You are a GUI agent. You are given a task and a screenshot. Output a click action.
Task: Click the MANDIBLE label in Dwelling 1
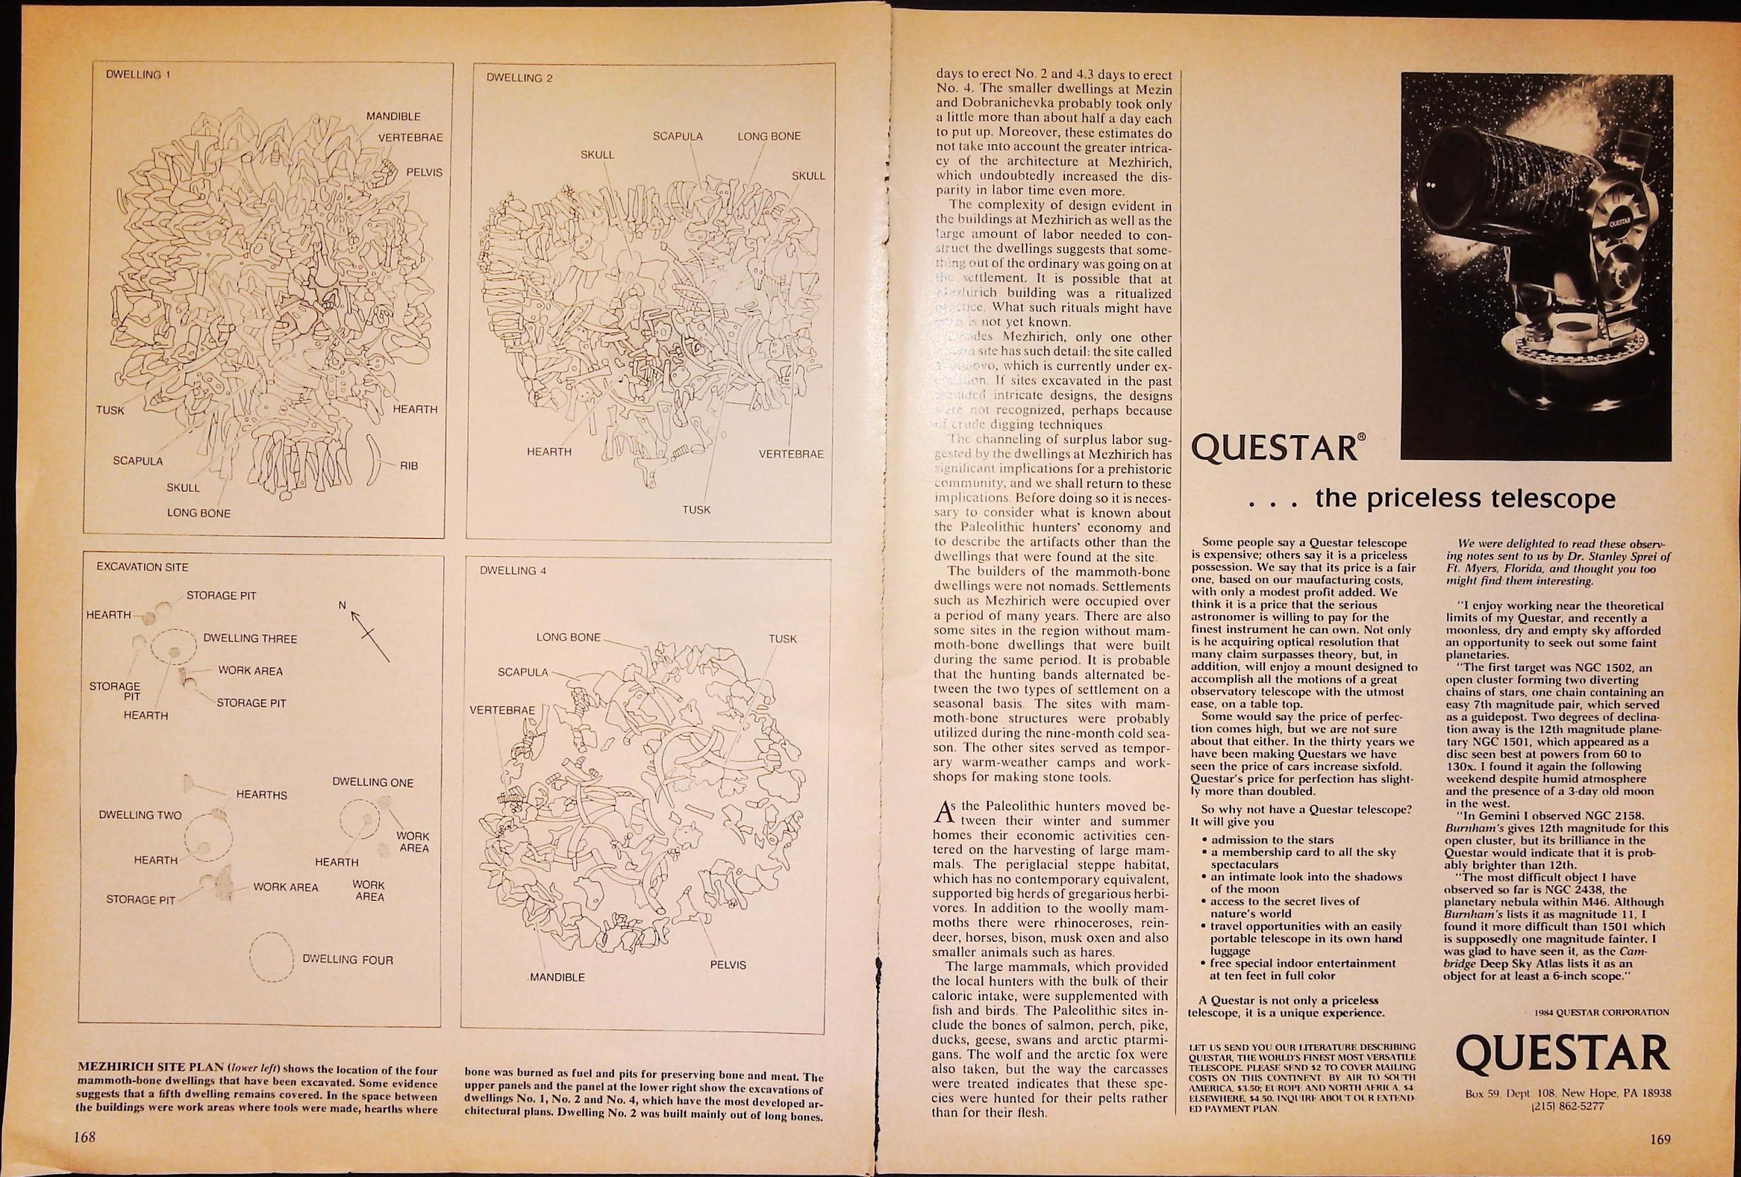[392, 117]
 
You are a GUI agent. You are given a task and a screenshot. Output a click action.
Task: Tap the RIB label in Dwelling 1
[408, 465]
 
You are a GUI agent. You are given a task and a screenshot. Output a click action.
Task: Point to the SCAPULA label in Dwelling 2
[678, 137]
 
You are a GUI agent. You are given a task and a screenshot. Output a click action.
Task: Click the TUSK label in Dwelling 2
[696, 509]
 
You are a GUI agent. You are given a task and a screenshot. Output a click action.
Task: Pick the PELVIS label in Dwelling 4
[728, 965]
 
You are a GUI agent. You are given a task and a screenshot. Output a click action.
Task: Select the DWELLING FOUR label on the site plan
[347, 959]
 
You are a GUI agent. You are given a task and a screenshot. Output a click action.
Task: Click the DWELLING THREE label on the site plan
[250, 639]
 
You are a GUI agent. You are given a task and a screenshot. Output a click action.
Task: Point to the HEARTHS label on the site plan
[261, 794]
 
